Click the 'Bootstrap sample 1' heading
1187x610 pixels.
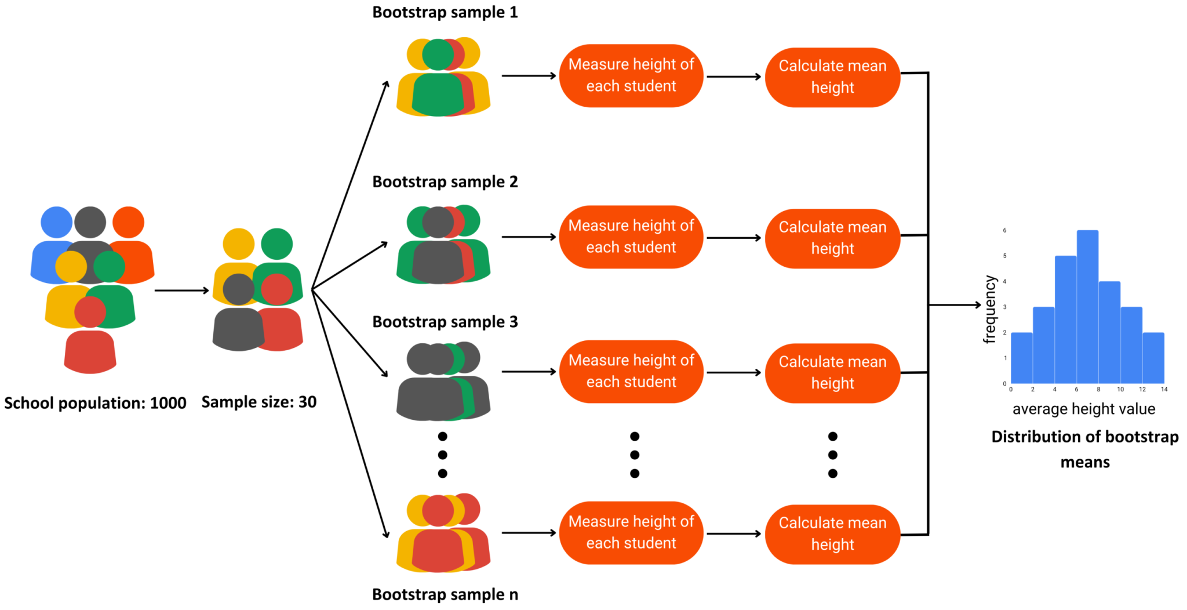[445, 12]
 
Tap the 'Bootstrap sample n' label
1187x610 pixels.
[445, 594]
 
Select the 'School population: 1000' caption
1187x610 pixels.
[95, 403]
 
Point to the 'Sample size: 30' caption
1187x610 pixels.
[258, 402]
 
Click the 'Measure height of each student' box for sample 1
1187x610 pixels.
[631, 75]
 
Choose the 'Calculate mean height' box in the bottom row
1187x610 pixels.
[832, 533]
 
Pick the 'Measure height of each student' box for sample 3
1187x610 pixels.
[631, 371]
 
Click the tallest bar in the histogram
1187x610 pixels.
[1087, 307]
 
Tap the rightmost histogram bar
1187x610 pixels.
[1153, 358]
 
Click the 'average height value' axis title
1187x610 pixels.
[1083, 409]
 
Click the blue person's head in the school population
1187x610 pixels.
[56, 223]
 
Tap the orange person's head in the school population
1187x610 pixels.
[128, 223]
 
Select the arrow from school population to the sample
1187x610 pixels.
[181, 291]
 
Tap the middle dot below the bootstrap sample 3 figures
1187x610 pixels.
[442, 455]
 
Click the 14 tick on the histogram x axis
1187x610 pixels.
[1164, 389]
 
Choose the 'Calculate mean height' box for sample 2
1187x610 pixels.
[832, 238]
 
